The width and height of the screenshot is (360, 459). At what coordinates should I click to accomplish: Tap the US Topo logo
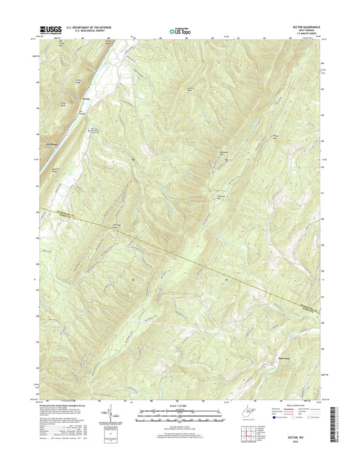click(180, 29)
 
